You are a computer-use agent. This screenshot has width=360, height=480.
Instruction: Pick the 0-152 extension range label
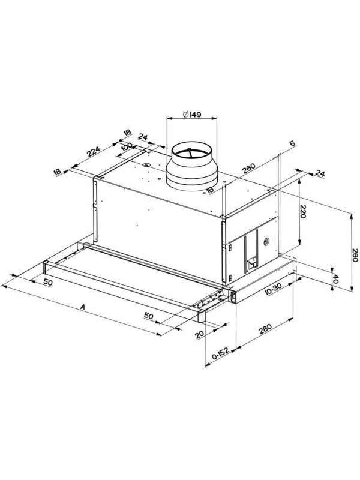click(x=221, y=358)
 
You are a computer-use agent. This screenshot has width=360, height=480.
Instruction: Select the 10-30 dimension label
click(x=272, y=291)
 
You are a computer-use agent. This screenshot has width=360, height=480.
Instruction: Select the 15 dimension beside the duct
click(x=210, y=191)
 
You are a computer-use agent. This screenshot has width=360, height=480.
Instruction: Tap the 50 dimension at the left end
click(x=47, y=282)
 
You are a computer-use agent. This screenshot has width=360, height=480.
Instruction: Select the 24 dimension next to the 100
click(x=143, y=137)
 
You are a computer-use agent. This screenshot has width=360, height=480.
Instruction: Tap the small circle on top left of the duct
click(x=146, y=164)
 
